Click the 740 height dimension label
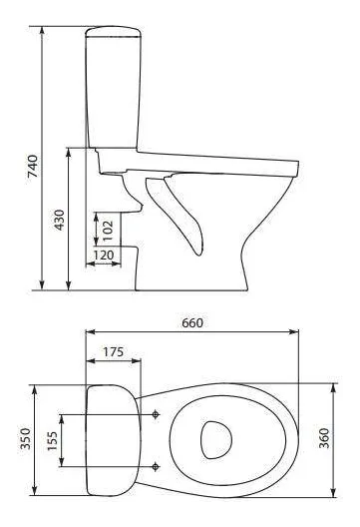(33, 166)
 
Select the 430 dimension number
(60, 220)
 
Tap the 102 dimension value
(108, 231)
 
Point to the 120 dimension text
(104, 256)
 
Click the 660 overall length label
(192, 322)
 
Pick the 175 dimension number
(113, 352)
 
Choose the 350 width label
(26, 438)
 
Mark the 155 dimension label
(52, 440)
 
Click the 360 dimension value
(324, 438)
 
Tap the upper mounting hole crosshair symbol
(156, 414)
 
